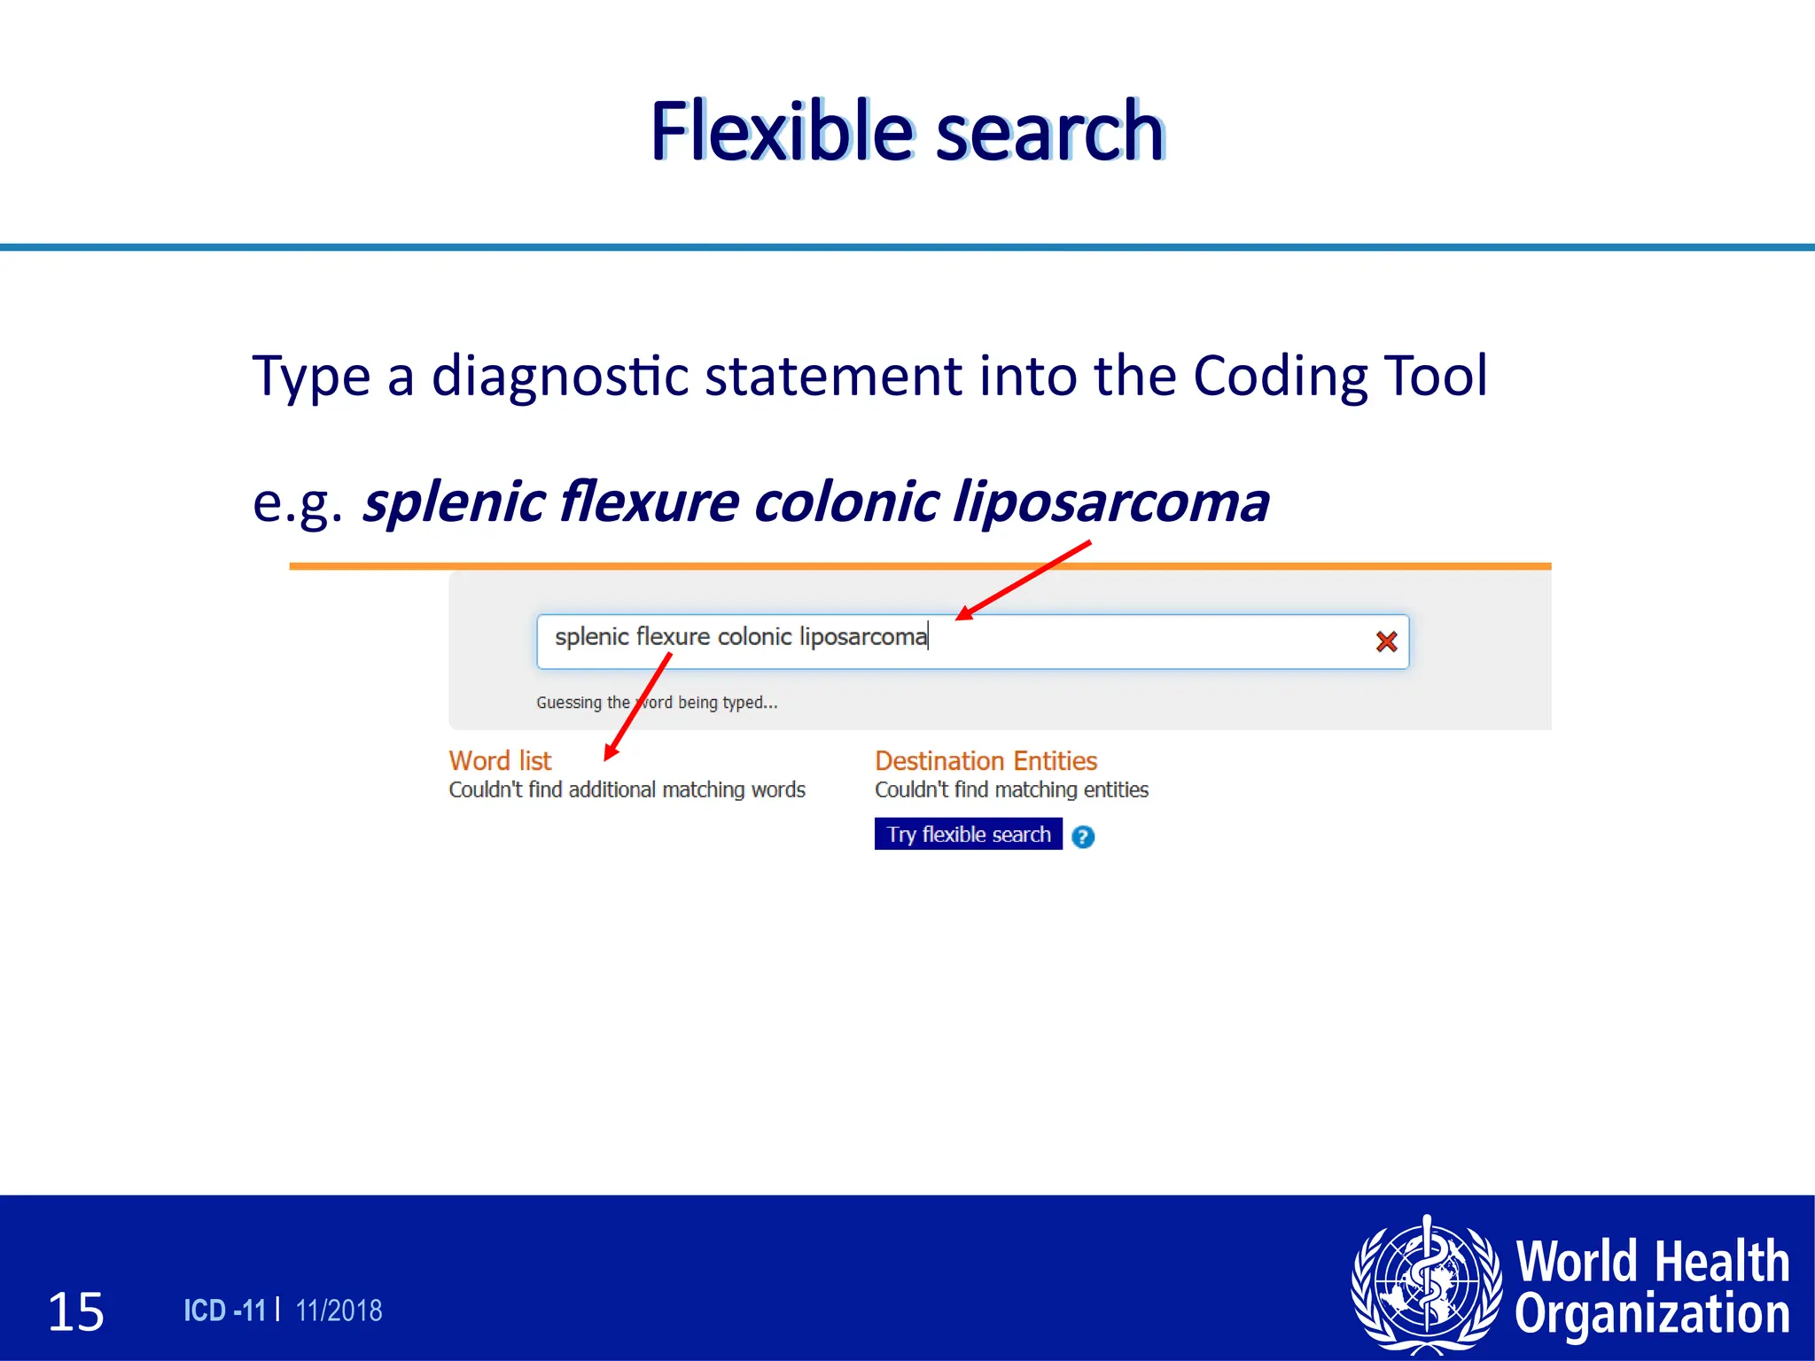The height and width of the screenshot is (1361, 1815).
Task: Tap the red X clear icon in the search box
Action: coord(1386,642)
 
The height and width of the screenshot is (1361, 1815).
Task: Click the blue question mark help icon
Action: coord(1083,836)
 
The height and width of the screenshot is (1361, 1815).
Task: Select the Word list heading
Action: coord(500,760)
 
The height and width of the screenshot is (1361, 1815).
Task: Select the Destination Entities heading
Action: coord(985,760)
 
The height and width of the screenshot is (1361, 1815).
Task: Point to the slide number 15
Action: coord(76,1311)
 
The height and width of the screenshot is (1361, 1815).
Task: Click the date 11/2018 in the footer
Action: coord(339,1310)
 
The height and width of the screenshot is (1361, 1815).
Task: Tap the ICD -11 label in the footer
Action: coord(225,1310)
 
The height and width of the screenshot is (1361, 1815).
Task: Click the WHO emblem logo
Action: coord(1426,1284)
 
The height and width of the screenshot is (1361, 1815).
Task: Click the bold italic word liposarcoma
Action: coord(1111,502)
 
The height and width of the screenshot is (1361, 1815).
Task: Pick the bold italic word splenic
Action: coord(454,502)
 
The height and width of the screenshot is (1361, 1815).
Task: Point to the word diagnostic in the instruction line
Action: coord(560,376)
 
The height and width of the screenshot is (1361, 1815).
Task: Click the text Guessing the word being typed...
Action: coord(657,703)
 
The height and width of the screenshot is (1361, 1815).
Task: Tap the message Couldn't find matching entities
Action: coord(1011,789)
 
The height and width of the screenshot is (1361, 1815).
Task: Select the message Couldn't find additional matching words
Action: coord(627,789)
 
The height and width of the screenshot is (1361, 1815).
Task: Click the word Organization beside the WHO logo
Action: coord(1652,1314)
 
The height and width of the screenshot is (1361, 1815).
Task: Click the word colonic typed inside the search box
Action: coord(754,637)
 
